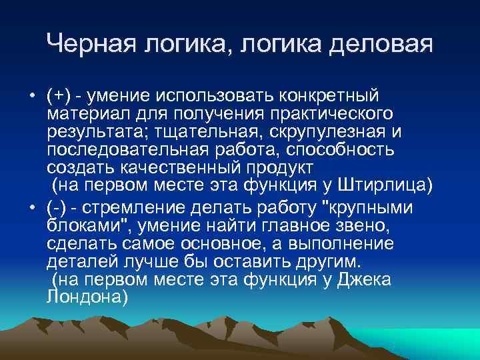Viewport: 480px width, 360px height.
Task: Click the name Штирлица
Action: [390, 183]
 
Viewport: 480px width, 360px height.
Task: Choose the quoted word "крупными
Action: [364, 207]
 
